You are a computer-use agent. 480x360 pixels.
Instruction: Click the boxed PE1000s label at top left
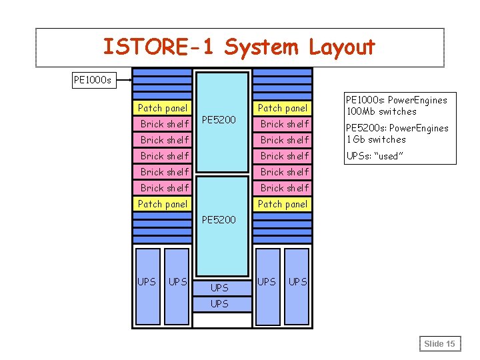[93, 81]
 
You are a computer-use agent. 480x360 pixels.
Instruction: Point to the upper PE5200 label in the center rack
[218, 121]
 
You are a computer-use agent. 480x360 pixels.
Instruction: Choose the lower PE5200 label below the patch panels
[218, 219]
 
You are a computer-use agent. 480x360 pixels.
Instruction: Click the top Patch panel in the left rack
[162, 108]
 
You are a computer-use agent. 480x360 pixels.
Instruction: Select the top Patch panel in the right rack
[283, 108]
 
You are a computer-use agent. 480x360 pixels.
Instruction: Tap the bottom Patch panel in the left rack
[162, 204]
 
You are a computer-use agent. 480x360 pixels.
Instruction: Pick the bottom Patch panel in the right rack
[283, 204]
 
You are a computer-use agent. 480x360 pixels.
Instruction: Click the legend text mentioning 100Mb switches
[395, 105]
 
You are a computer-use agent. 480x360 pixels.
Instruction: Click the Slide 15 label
[439, 343]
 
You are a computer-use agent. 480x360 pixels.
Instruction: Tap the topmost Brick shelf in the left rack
[165, 124]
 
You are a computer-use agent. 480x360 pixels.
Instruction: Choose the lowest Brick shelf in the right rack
[285, 188]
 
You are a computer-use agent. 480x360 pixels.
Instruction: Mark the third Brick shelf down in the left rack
[165, 156]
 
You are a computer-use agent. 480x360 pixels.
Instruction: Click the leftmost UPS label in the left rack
[147, 281]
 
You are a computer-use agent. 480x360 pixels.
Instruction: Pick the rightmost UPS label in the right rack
[297, 281]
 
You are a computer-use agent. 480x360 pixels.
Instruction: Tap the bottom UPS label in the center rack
[219, 303]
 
